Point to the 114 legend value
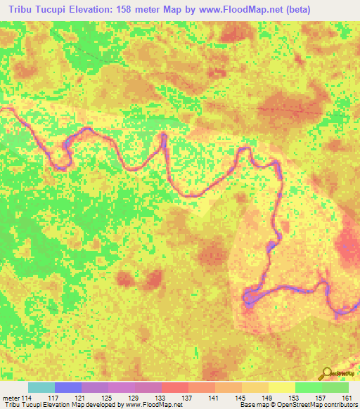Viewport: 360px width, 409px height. click(x=27, y=398)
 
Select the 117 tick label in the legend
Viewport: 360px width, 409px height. click(x=55, y=398)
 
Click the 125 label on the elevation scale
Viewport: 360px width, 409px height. click(x=108, y=398)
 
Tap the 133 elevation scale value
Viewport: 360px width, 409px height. click(x=162, y=398)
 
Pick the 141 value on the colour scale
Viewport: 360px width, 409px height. click(x=215, y=398)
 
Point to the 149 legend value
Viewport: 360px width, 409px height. click(x=269, y=398)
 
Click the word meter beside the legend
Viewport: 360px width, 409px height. click(x=9, y=398)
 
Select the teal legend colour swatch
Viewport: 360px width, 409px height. click(x=41, y=387)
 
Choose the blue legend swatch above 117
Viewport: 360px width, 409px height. click(x=68, y=387)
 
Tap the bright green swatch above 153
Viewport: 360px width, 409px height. click(x=309, y=387)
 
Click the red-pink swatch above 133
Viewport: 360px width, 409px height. click(x=175, y=387)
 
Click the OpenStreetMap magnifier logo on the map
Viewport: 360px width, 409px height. click(x=326, y=373)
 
